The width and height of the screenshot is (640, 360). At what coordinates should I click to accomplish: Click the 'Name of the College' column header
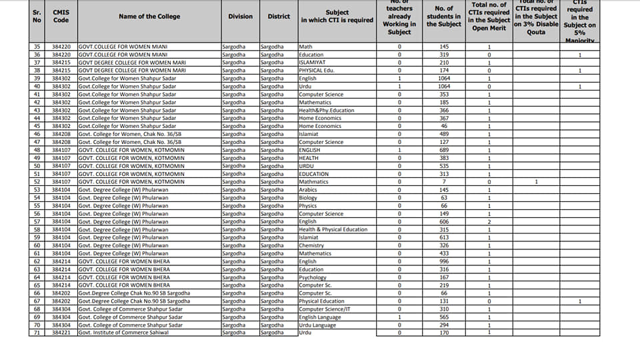[x=149, y=16]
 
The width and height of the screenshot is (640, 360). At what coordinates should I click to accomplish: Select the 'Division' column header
[x=240, y=16]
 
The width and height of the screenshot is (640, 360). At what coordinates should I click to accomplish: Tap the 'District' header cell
[x=279, y=16]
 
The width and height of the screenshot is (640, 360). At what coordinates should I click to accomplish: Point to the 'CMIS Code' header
[x=61, y=16]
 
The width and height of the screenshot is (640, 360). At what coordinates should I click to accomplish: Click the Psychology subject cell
[x=313, y=277]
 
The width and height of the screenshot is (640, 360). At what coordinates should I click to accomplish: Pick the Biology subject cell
[x=308, y=198]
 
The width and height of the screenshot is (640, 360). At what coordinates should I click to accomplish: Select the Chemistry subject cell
[x=311, y=245]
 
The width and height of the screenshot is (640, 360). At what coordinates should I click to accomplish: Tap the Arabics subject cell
[x=308, y=190]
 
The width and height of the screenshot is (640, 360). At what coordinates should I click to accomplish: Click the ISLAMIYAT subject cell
[x=312, y=63]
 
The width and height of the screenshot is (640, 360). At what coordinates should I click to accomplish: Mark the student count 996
[x=444, y=261]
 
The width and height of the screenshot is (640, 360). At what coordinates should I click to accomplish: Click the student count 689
[x=444, y=150]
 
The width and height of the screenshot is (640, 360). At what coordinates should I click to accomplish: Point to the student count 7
[x=444, y=182]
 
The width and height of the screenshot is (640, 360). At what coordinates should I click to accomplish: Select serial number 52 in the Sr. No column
[x=37, y=182]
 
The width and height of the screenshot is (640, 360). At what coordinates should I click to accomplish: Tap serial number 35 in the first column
[x=37, y=47]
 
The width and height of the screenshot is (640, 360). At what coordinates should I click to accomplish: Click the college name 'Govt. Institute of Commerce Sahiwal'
[x=123, y=333]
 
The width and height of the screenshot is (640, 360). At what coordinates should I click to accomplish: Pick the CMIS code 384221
[x=61, y=333]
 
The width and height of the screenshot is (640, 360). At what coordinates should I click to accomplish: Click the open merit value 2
[x=489, y=221]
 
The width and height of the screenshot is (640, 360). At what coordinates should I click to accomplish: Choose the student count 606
[x=444, y=221]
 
